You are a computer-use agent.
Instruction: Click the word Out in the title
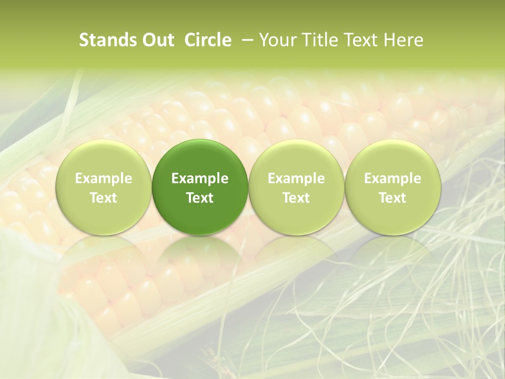point(157,40)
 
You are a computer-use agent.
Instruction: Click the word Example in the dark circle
point(200,179)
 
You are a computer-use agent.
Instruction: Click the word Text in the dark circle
point(200,198)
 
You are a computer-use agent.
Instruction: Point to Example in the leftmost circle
point(104,179)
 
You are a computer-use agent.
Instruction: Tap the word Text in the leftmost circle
point(104,198)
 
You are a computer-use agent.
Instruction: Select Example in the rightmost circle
point(392,179)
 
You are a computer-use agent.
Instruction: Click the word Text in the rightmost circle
point(392,198)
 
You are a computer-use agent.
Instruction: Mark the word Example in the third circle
point(296,179)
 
